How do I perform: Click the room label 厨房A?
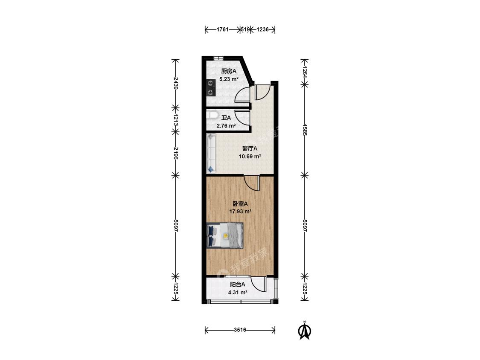tap(229, 71)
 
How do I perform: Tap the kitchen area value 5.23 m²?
tap(229, 79)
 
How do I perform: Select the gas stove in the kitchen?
tap(211, 88)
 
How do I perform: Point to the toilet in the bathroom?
tap(212, 116)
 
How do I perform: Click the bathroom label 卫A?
tap(226, 118)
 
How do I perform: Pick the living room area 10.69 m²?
tap(250, 157)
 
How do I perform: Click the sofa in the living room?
tap(211, 153)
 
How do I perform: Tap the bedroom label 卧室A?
tap(240, 203)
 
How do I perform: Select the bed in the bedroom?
tap(225, 235)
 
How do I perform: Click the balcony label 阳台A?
tap(238, 285)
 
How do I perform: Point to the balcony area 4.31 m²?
tap(238, 292)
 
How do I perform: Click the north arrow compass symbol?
tap(305, 331)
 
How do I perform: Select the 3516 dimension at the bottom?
tap(240, 330)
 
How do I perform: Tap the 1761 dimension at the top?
tap(223, 30)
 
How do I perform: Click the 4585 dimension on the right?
tap(305, 130)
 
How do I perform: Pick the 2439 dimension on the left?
tap(175, 83)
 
